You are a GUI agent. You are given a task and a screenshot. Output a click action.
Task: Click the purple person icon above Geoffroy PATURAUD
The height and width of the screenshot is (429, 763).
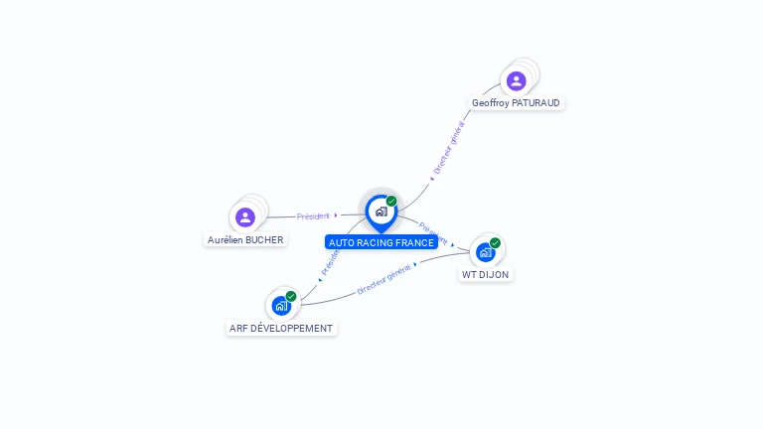[516, 80]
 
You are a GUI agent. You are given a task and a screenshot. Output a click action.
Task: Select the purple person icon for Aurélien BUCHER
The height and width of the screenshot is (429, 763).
[245, 216]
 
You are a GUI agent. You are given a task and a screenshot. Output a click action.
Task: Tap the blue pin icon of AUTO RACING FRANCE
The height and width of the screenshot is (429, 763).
[381, 212]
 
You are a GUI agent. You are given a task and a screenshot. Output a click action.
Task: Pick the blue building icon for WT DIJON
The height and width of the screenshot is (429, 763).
[485, 251]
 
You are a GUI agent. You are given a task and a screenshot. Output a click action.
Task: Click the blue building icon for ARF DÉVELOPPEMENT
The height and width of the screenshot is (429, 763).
[281, 305]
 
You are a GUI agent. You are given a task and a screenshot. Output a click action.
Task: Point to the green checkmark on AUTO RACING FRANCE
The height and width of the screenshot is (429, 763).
[391, 201]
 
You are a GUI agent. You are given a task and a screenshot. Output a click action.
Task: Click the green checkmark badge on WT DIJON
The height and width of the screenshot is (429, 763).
[495, 242]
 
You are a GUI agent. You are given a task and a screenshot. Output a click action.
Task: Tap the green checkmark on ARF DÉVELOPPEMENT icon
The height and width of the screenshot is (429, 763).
[291, 296]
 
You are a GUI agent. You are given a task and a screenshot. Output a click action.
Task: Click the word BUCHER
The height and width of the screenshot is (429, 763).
[264, 240]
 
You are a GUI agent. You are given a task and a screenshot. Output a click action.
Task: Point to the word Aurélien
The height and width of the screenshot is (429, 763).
[225, 240]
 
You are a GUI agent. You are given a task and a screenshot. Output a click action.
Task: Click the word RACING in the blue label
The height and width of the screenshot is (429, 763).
[375, 243]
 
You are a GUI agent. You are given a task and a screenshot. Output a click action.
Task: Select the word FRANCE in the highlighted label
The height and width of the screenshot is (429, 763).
[415, 243]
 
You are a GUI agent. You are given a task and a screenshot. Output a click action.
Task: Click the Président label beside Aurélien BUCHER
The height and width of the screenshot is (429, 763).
[313, 215]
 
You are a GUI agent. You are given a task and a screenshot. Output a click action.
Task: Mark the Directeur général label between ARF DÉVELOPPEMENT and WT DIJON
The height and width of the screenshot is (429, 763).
[383, 279]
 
